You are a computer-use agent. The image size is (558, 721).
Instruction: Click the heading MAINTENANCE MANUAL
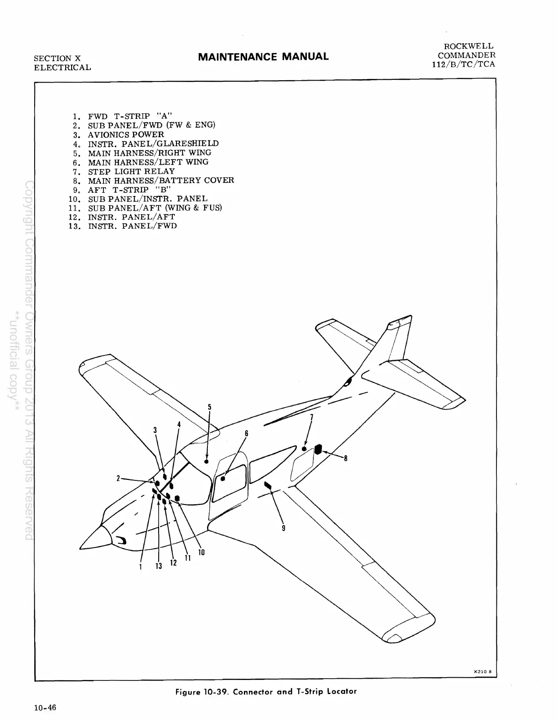click(263, 57)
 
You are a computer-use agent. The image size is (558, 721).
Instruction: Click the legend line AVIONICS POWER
click(126, 134)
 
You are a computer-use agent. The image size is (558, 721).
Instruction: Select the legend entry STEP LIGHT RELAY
click(131, 171)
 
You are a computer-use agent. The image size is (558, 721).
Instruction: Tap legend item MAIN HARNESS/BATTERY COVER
click(161, 180)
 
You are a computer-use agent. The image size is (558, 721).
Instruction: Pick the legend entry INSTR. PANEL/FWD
click(132, 226)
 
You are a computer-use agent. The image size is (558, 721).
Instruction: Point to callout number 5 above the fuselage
click(210, 407)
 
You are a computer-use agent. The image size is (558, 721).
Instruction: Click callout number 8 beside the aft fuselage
click(346, 458)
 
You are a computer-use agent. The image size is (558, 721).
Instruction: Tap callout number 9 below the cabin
click(284, 528)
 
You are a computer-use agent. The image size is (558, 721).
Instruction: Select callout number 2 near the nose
click(118, 478)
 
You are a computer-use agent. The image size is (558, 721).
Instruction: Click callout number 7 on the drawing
click(312, 417)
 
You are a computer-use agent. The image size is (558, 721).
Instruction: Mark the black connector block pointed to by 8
click(318, 450)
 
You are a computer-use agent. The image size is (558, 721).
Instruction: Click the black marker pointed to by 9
click(268, 485)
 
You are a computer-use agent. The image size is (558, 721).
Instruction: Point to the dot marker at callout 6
click(223, 479)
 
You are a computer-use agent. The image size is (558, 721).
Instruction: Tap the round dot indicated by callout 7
click(304, 448)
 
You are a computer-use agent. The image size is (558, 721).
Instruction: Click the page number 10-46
click(45, 708)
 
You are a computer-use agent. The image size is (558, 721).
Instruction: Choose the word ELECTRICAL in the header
click(62, 67)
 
